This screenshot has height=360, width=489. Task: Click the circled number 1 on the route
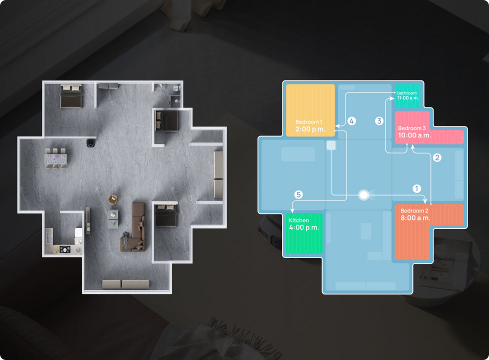[416, 188]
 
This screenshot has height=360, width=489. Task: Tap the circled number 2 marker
[437, 157]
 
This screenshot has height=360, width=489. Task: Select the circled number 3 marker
[379, 121]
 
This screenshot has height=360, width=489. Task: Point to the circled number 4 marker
[352, 121]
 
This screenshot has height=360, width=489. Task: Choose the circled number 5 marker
[298, 194]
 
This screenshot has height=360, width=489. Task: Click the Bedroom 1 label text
[308, 122]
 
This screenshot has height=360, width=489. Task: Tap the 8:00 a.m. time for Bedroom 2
[415, 218]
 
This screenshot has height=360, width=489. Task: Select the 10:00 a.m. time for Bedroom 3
[414, 135]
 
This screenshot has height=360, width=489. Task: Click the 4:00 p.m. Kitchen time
[304, 227]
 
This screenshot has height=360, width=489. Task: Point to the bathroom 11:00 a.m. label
[407, 95]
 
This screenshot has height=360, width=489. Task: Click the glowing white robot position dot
[363, 195]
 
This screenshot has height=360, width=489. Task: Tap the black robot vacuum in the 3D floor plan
[91, 142]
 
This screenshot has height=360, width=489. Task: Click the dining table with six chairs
[55, 158]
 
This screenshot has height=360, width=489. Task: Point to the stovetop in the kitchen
[65, 249]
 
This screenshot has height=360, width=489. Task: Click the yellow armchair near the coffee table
[112, 199]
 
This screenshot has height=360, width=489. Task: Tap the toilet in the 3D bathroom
[176, 88]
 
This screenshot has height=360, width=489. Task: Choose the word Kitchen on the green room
[299, 220]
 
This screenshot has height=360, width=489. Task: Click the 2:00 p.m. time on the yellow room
[310, 129]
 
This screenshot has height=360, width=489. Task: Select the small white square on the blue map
[331, 145]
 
